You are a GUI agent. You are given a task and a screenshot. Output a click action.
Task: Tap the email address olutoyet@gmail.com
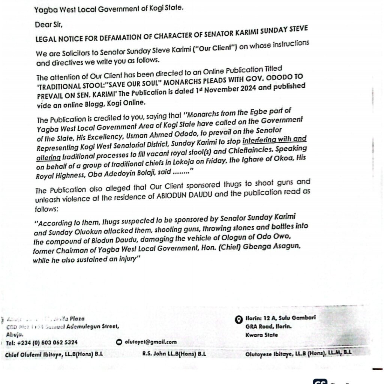coord(150,342)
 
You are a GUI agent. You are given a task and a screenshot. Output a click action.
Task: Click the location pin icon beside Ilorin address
coord(237,320)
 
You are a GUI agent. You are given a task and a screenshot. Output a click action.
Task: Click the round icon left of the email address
coord(119,342)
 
